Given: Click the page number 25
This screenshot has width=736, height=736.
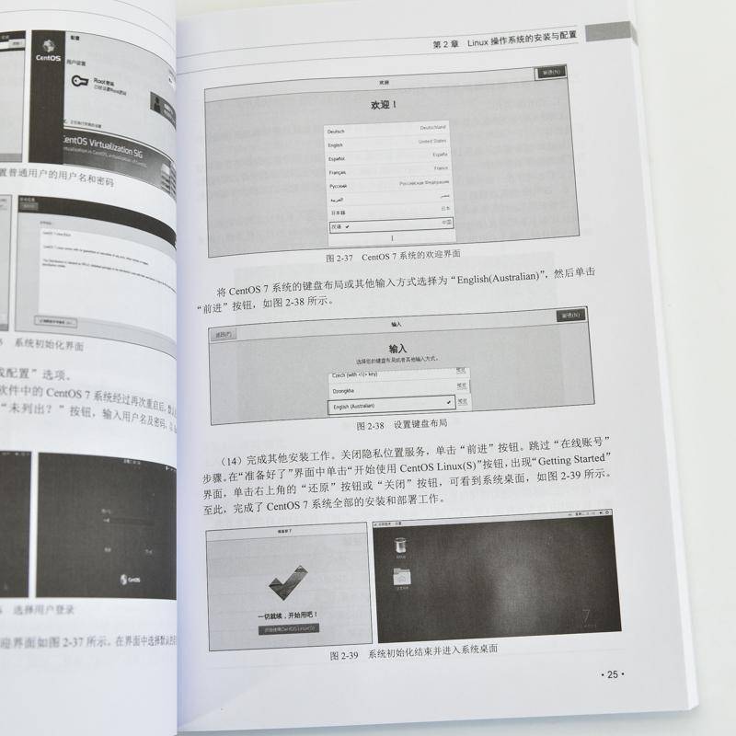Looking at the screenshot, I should click(x=611, y=674).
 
